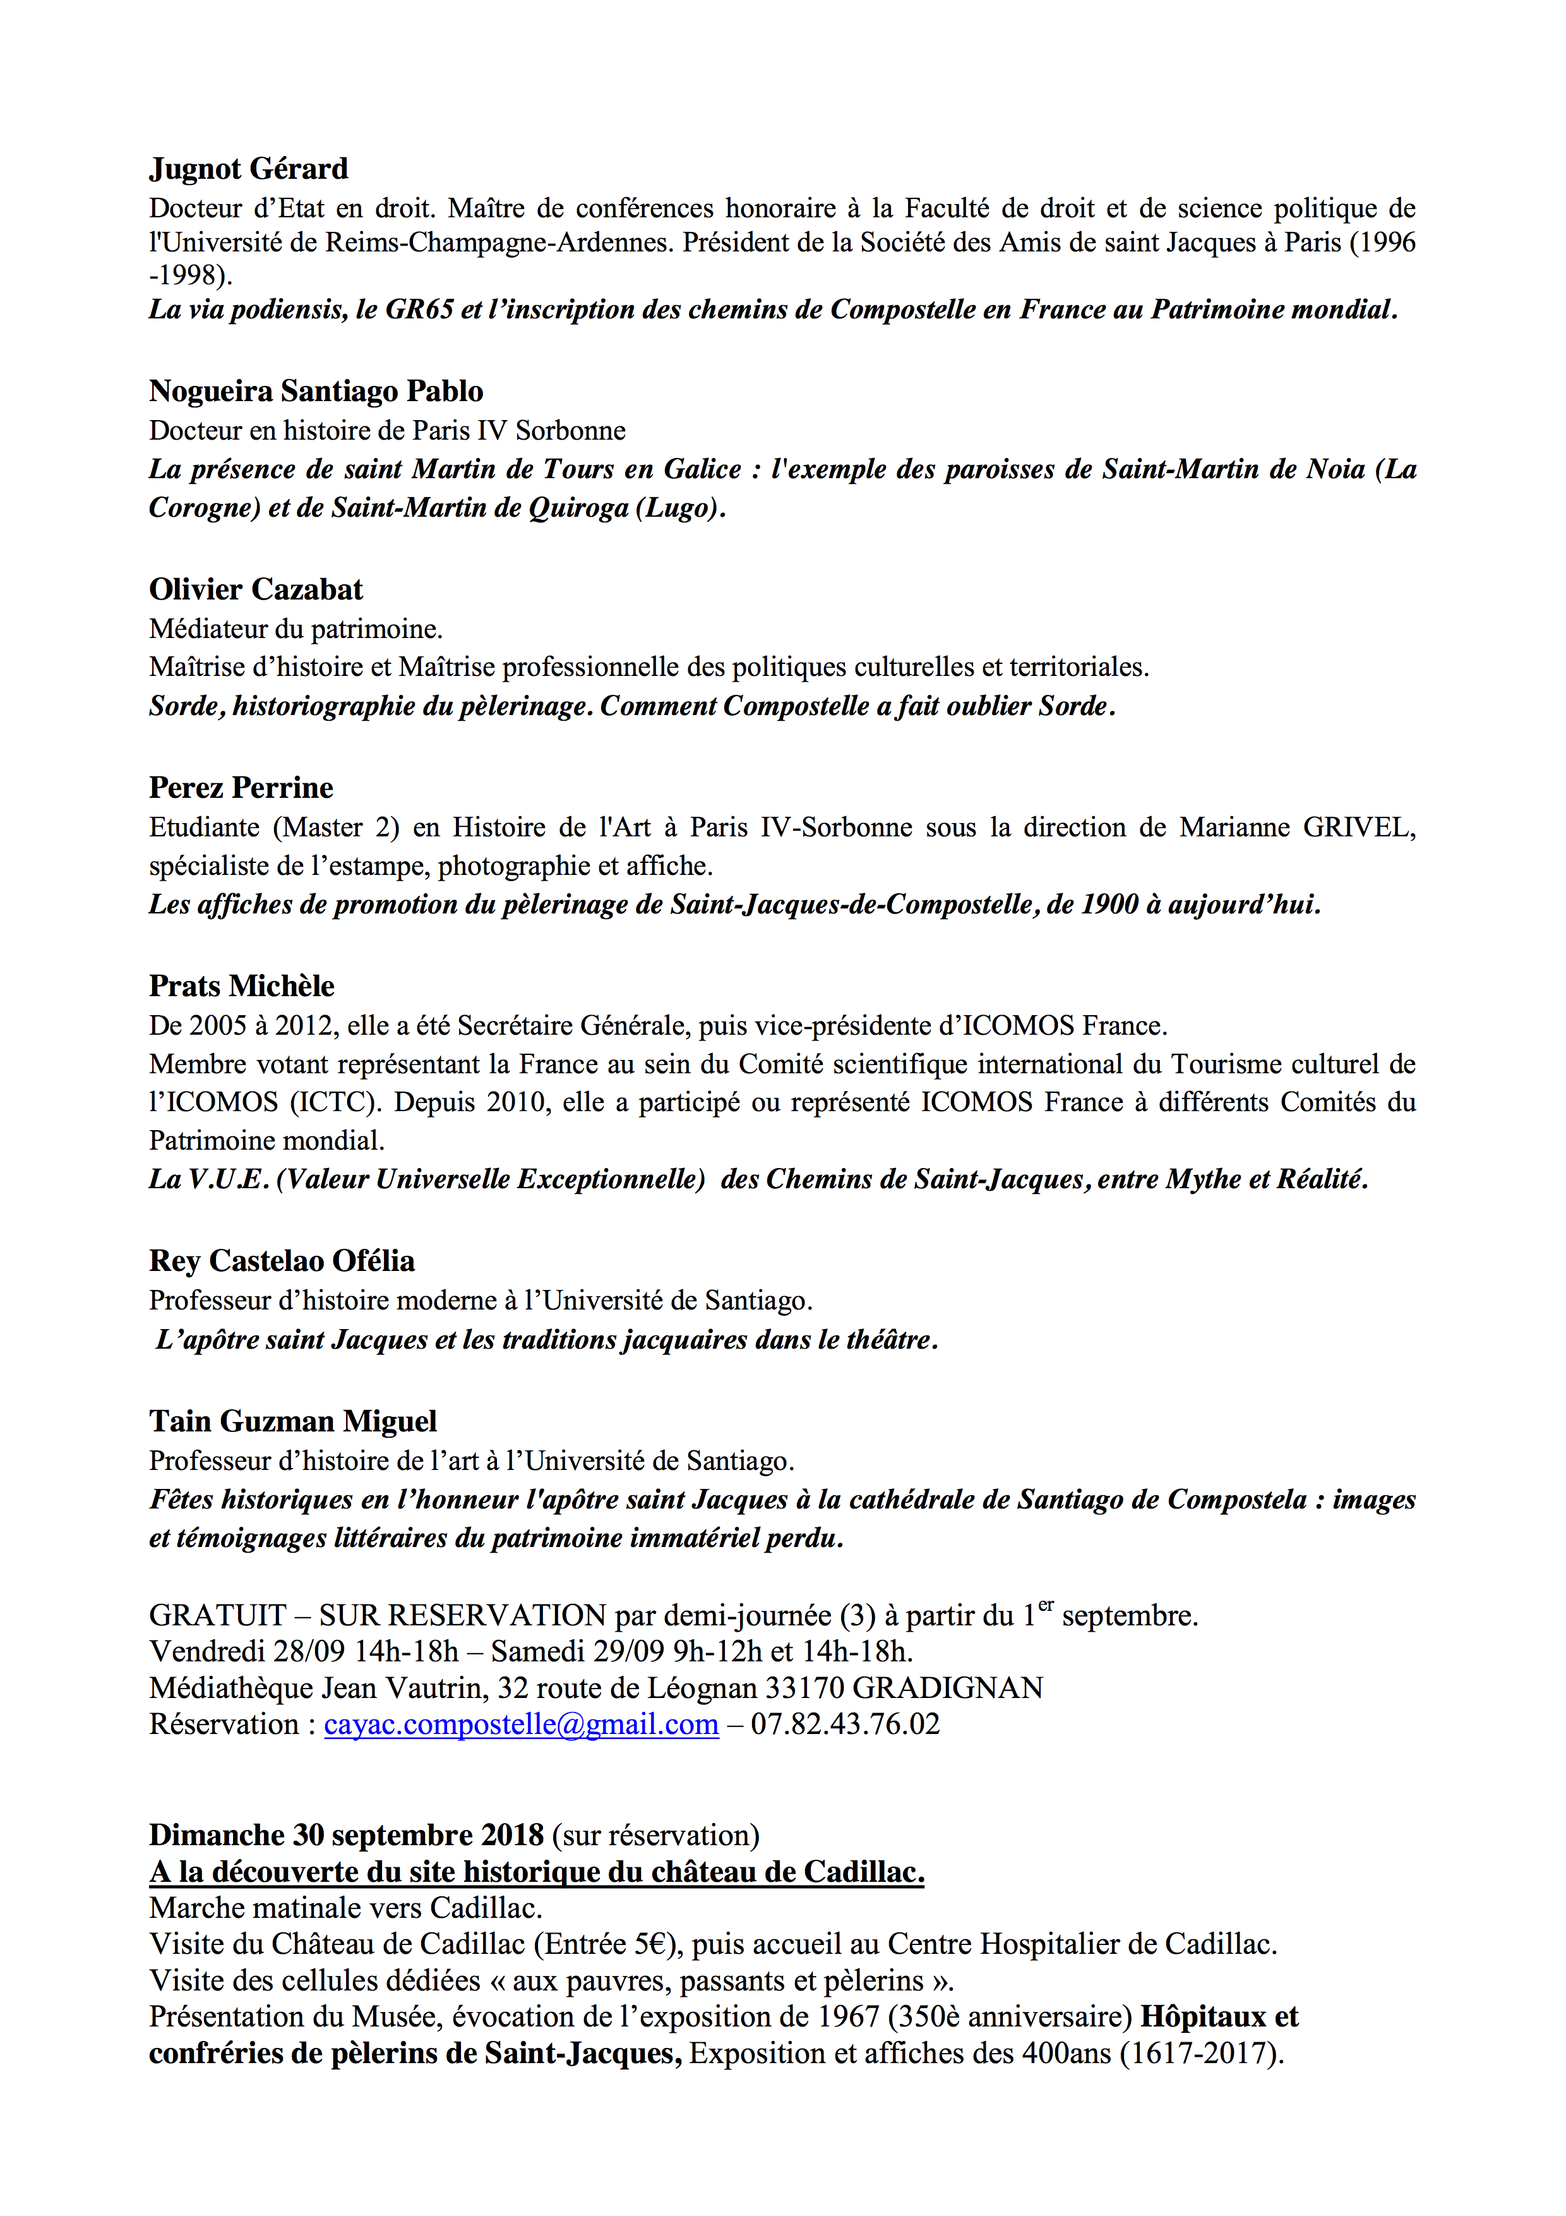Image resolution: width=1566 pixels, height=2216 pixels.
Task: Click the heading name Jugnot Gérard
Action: click(x=248, y=169)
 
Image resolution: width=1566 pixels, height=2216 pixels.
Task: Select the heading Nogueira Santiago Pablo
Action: click(x=316, y=391)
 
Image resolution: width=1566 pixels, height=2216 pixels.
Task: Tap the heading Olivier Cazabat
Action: click(x=256, y=589)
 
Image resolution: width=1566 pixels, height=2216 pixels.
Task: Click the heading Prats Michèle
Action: click(x=241, y=985)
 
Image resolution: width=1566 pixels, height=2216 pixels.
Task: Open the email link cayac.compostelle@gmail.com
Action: click(x=521, y=1725)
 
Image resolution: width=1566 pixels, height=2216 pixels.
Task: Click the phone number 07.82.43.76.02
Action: click(x=846, y=1725)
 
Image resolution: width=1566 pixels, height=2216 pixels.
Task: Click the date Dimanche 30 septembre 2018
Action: click(x=347, y=1834)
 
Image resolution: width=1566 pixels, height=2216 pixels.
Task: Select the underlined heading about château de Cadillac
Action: click(x=537, y=1872)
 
